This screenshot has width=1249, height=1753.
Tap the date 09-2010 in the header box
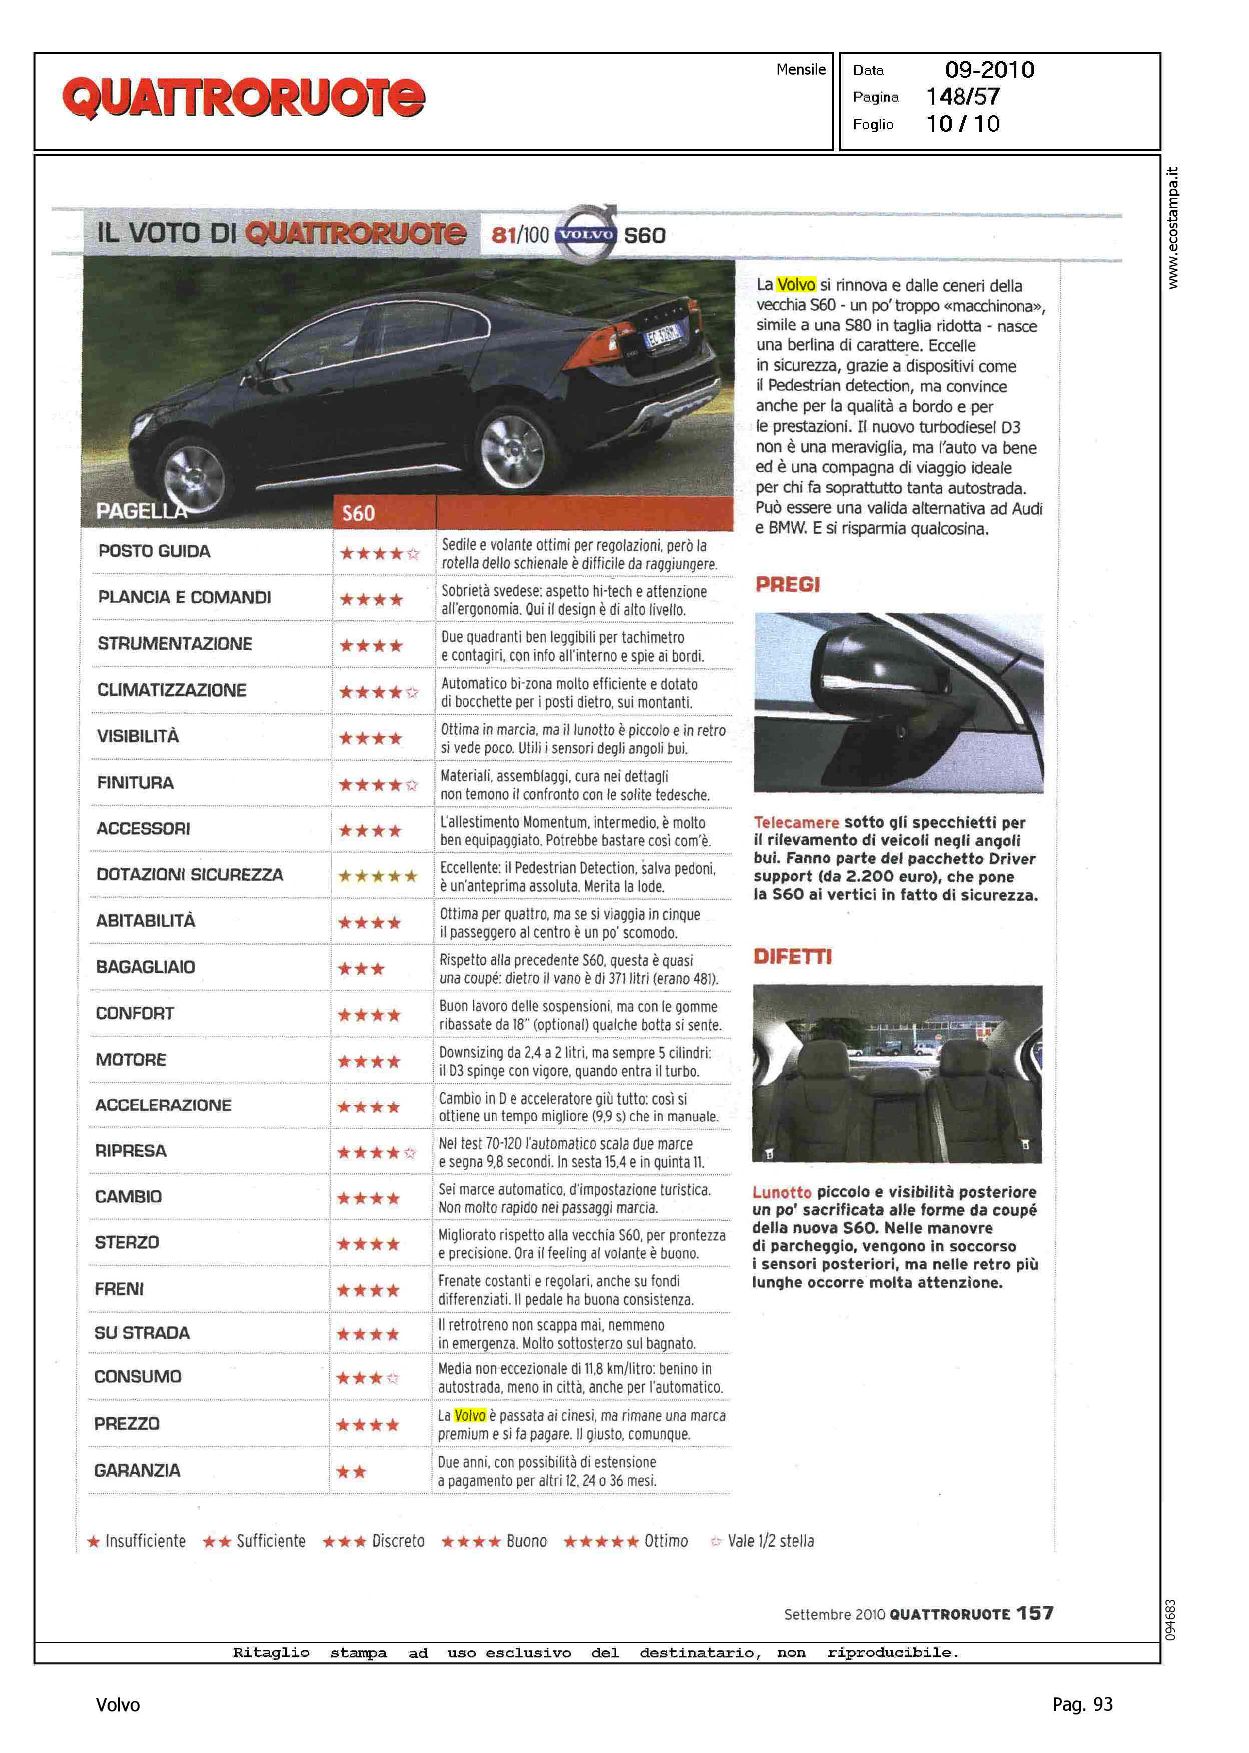click(x=989, y=70)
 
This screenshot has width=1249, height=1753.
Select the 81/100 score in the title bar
click(x=520, y=235)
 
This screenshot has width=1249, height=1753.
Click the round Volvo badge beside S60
click(x=586, y=234)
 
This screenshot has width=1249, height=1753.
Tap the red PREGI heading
click(x=788, y=585)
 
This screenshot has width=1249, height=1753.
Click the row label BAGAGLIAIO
click(x=145, y=967)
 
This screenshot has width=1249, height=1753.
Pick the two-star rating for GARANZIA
click(x=351, y=1472)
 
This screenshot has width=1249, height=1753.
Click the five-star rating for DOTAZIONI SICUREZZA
click(x=378, y=875)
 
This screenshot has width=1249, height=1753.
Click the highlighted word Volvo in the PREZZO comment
click(x=469, y=1415)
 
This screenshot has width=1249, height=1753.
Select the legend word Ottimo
click(x=666, y=1541)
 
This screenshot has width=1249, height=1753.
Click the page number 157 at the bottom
click(x=1034, y=1613)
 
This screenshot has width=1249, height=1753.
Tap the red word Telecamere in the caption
click(x=796, y=822)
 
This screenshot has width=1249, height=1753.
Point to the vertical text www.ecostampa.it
click(x=1172, y=228)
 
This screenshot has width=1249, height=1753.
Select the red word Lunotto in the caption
click(x=782, y=1192)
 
